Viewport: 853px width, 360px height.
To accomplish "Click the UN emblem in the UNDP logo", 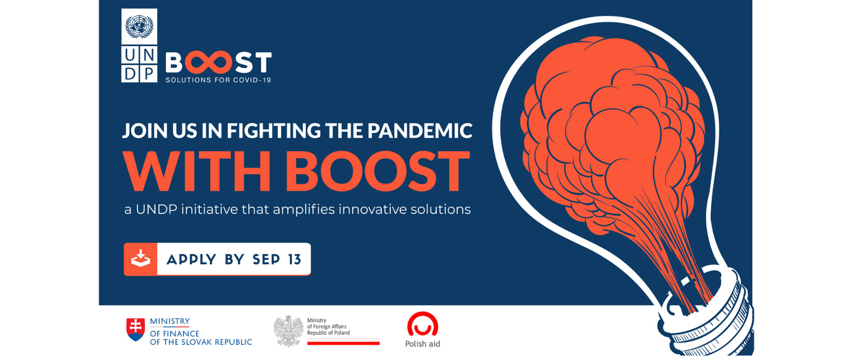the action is point(139,26).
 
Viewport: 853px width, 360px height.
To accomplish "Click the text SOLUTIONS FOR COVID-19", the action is point(218,80).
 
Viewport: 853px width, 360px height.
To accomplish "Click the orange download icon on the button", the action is point(140,259).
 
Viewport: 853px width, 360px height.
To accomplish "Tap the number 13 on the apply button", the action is point(295,260).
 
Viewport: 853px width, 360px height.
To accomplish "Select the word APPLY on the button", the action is point(191,260).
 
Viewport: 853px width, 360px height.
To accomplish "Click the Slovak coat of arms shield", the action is point(136,329).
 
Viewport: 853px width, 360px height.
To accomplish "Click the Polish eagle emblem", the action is point(288,331).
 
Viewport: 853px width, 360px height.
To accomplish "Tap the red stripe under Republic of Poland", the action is point(343,343).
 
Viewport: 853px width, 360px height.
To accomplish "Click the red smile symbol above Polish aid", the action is point(423,324).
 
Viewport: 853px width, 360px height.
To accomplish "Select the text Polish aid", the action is point(423,344).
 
